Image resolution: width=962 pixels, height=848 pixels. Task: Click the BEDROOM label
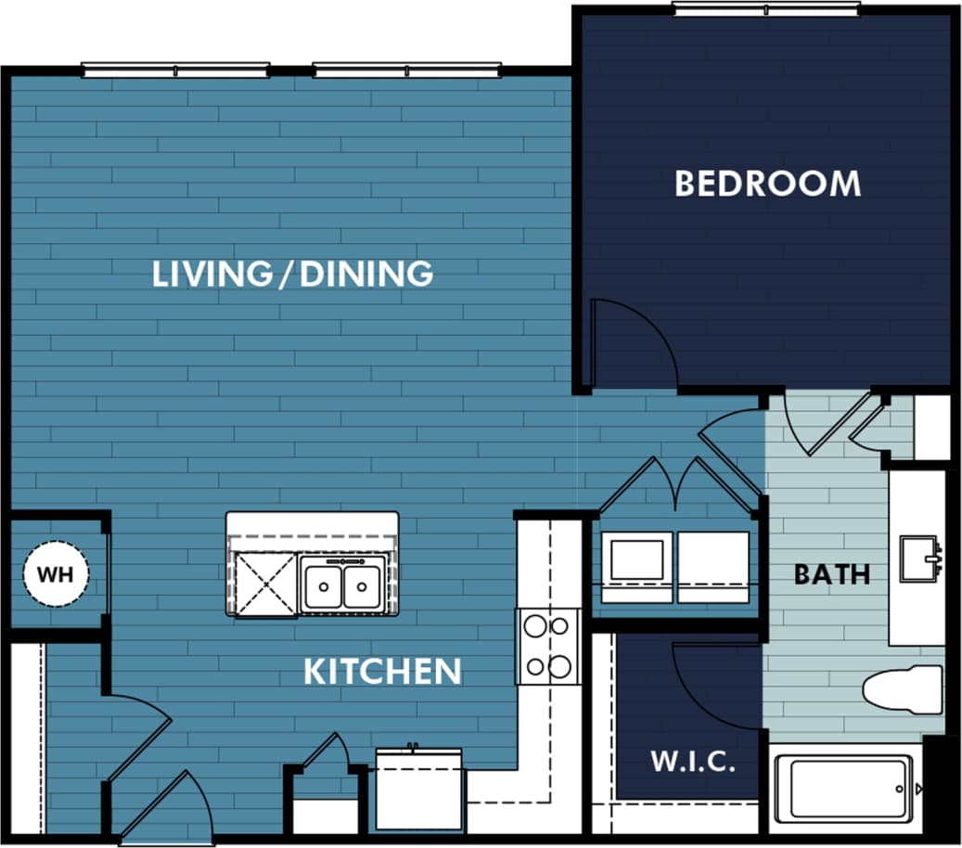[767, 184]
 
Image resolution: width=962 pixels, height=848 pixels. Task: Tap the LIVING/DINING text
[292, 274]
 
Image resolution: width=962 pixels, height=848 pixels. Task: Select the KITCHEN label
[382, 671]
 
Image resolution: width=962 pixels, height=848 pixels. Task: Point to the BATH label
[832, 574]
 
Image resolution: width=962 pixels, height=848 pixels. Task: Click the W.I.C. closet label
[692, 764]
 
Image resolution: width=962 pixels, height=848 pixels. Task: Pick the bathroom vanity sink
[919, 558]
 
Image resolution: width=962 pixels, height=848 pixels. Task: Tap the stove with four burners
[547, 646]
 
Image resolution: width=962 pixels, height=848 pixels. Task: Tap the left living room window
[175, 70]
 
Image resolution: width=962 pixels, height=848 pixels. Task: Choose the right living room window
[406, 70]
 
